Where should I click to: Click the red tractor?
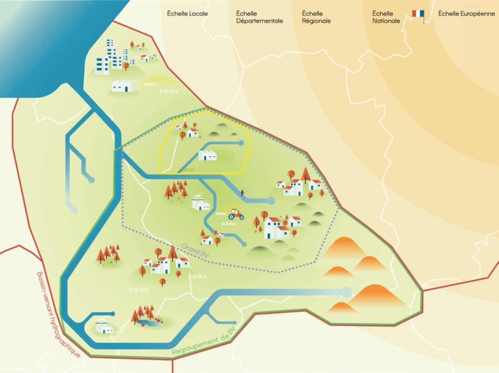pos(236,214)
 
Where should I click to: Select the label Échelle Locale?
pos(188,14)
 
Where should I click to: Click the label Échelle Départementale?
pos(259,17)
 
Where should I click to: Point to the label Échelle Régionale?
pos(316,17)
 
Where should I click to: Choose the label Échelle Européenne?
pos(466,14)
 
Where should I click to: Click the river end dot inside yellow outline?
pos(241,143)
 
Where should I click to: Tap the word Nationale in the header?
pos(386,21)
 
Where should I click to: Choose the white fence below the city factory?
pos(169,91)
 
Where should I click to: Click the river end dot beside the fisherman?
pos(271,200)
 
